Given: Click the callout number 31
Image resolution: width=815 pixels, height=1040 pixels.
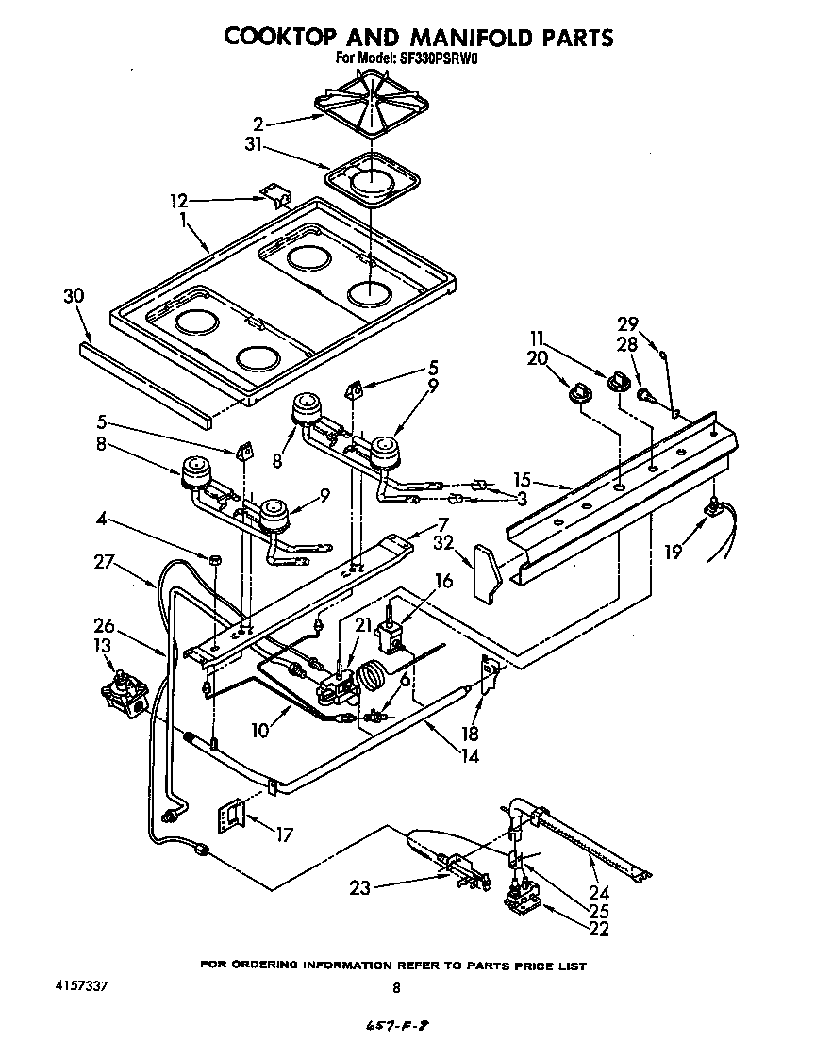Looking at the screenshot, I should (x=253, y=146).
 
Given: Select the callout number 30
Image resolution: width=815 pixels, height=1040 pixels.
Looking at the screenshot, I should (x=75, y=296).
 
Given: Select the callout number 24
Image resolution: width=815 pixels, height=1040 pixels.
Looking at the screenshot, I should (x=599, y=893).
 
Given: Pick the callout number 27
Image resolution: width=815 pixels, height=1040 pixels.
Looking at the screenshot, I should (x=130, y=563).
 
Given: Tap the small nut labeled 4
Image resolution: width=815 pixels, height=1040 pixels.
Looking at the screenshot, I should (x=213, y=559).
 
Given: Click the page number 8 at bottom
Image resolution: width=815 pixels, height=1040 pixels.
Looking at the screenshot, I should (x=396, y=987).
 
